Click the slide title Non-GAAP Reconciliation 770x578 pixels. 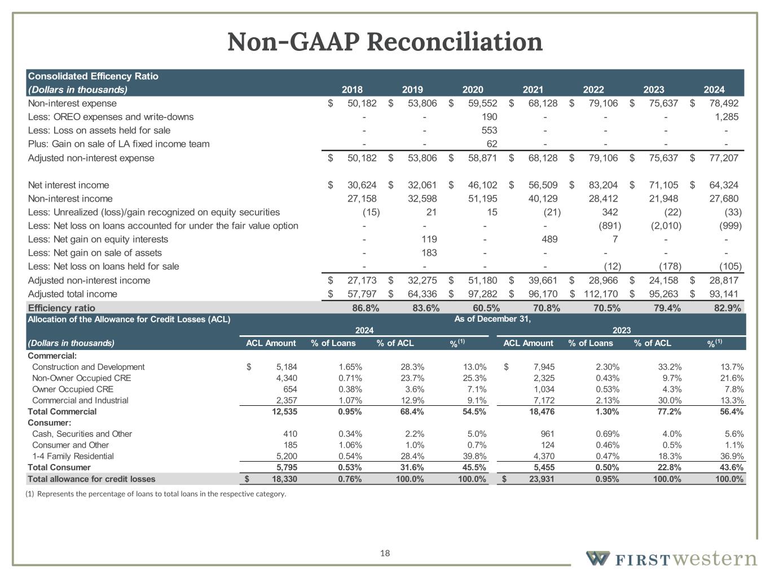point(385,42)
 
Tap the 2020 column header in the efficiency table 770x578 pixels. point(473,90)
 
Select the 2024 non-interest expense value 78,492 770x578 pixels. point(724,103)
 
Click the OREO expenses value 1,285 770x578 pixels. point(727,117)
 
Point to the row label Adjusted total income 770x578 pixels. point(73,294)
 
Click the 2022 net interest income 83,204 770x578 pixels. point(603,185)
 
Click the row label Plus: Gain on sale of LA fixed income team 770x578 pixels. point(118,144)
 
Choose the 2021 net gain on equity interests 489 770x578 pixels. point(549,239)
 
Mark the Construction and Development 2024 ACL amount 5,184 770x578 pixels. point(284,367)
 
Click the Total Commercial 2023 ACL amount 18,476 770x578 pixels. point(540,411)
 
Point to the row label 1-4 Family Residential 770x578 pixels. point(73,456)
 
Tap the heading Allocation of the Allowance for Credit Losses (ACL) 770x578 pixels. point(129,319)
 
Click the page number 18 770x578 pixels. point(385,553)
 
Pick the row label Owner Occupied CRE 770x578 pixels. point(73,389)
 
